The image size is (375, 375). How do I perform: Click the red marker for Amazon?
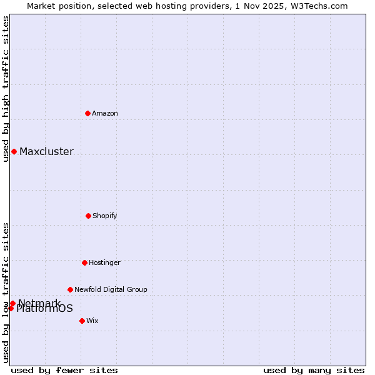point(87,113)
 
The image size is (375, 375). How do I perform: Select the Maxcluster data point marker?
point(14,151)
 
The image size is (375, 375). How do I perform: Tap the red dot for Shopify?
point(88,216)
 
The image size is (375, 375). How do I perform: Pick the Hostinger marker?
point(84,262)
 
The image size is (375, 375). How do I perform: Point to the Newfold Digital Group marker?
point(70,289)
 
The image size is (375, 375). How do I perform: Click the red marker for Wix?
point(82,321)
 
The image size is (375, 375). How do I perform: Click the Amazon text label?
point(105,113)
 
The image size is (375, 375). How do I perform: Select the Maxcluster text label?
point(46,151)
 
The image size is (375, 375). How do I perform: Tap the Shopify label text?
point(105,216)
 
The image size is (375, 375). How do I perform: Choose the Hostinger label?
point(104,262)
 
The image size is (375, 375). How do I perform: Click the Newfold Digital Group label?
point(111,289)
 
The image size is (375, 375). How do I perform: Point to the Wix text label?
point(92,321)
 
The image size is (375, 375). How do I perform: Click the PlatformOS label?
point(45,309)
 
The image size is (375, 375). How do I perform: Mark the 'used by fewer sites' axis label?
point(64,370)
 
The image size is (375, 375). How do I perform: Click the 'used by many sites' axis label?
point(314,370)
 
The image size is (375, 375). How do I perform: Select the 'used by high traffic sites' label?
point(6,89)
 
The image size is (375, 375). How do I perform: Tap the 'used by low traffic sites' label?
point(6,292)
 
